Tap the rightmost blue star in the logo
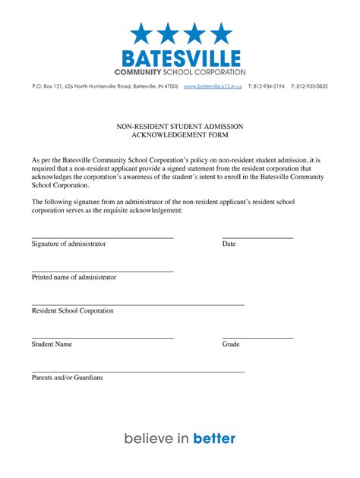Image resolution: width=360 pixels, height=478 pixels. pos(221,33)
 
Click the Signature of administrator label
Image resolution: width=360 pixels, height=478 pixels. pos(68,244)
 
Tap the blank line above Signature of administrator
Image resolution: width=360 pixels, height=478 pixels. pos(103,237)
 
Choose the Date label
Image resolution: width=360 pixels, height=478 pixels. pos(229,244)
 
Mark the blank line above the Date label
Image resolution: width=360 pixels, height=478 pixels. pos(257,237)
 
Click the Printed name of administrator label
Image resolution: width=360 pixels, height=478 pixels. pos(74,277)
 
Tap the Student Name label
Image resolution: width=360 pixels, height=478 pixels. pos(52,344)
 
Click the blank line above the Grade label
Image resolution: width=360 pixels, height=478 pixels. pos(257,338)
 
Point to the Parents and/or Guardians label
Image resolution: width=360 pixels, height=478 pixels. pos(67,377)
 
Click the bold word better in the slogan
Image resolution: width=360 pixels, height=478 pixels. pos(215,438)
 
